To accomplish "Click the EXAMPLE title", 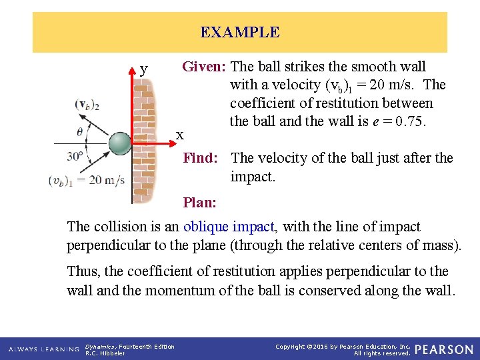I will pyautogui.click(x=240, y=32).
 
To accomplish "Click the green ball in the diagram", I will pyautogui.click(x=121, y=143).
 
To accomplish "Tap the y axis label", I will pyautogui.click(x=144, y=69).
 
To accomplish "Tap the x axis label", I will pyautogui.click(x=179, y=135).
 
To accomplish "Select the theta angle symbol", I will pyautogui.click(x=80, y=131).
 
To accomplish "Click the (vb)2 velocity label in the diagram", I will pyautogui.click(x=87, y=105).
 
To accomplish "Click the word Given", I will pyautogui.click(x=204, y=67).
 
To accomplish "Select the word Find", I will pyautogui.click(x=200, y=158).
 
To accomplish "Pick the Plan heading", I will pyautogui.click(x=199, y=202).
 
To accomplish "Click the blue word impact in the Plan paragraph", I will pyautogui.click(x=256, y=227).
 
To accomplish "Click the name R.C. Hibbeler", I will pyautogui.click(x=105, y=353).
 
